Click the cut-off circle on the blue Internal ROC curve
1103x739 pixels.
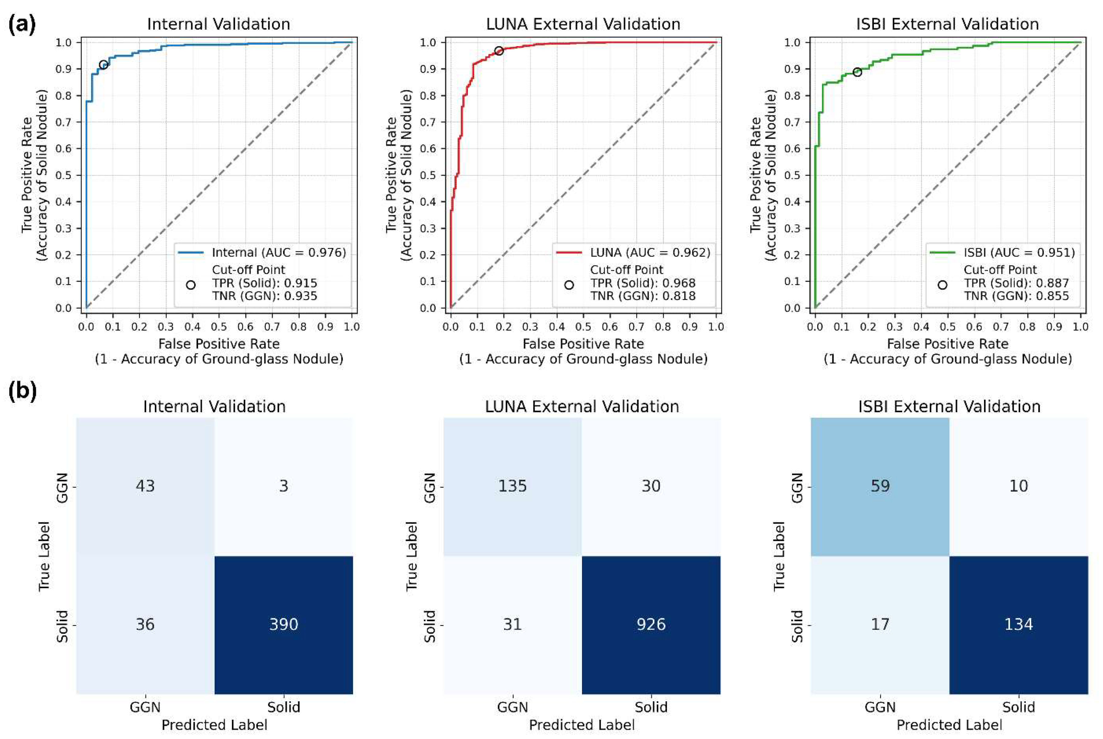(103, 65)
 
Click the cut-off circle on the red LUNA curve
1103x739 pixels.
(499, 51)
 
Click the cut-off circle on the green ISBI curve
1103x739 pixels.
(857, 72)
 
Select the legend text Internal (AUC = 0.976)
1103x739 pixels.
(278, 253)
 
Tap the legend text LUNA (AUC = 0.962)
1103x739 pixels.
(650, 253)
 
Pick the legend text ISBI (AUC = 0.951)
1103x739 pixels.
(1019, 253)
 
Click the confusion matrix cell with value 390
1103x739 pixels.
(283, 624)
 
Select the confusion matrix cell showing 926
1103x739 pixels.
(651, 624)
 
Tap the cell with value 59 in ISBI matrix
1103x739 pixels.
(879, 486)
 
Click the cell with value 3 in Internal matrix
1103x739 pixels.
(283, 486)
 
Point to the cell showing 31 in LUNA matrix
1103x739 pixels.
(512, 624)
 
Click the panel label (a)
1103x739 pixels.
(22, 25)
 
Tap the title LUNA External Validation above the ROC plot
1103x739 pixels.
(583, 24)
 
